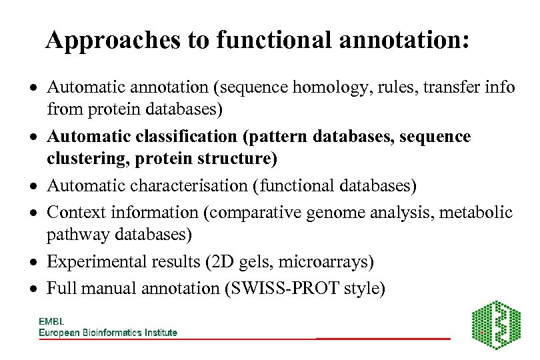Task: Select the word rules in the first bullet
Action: [391, 87]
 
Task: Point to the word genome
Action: [333, 212]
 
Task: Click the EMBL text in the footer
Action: [51, 321]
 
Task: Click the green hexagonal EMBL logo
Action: [496, 324]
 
